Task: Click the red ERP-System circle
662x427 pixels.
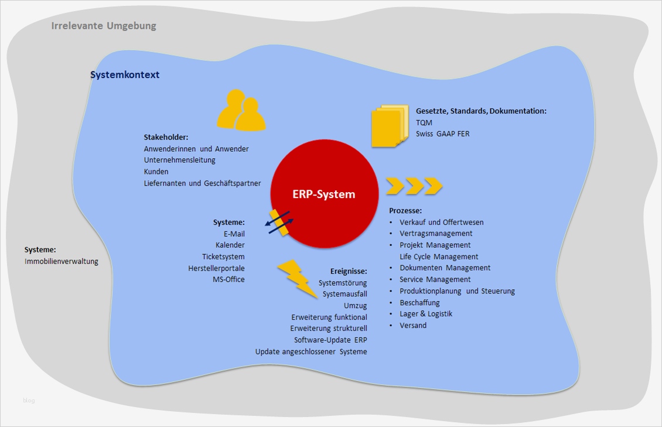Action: pos(324,194)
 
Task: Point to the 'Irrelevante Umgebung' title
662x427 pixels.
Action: pos(104,26)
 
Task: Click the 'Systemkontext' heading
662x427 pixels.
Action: pos(125,75)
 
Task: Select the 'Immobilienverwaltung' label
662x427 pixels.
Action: pos(62,261)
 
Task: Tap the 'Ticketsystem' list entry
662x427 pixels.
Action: pos(223,257)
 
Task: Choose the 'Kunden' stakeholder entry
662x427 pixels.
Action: pos(156,172)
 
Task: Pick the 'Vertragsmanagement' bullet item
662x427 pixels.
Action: pos(436,234)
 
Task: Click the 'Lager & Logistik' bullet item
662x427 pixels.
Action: pos(426,314)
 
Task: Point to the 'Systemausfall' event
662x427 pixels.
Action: pos(344,294)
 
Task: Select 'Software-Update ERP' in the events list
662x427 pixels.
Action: pos(330,340)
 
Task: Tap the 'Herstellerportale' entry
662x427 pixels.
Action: pos(216,268)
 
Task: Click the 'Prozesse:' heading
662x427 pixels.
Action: pos(405,210)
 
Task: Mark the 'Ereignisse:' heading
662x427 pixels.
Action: pos(349,271)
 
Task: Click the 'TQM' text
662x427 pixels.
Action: pos(424,122)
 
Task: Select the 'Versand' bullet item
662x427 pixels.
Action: pos(413,325)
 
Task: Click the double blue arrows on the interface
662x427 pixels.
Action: pos(279,223)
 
